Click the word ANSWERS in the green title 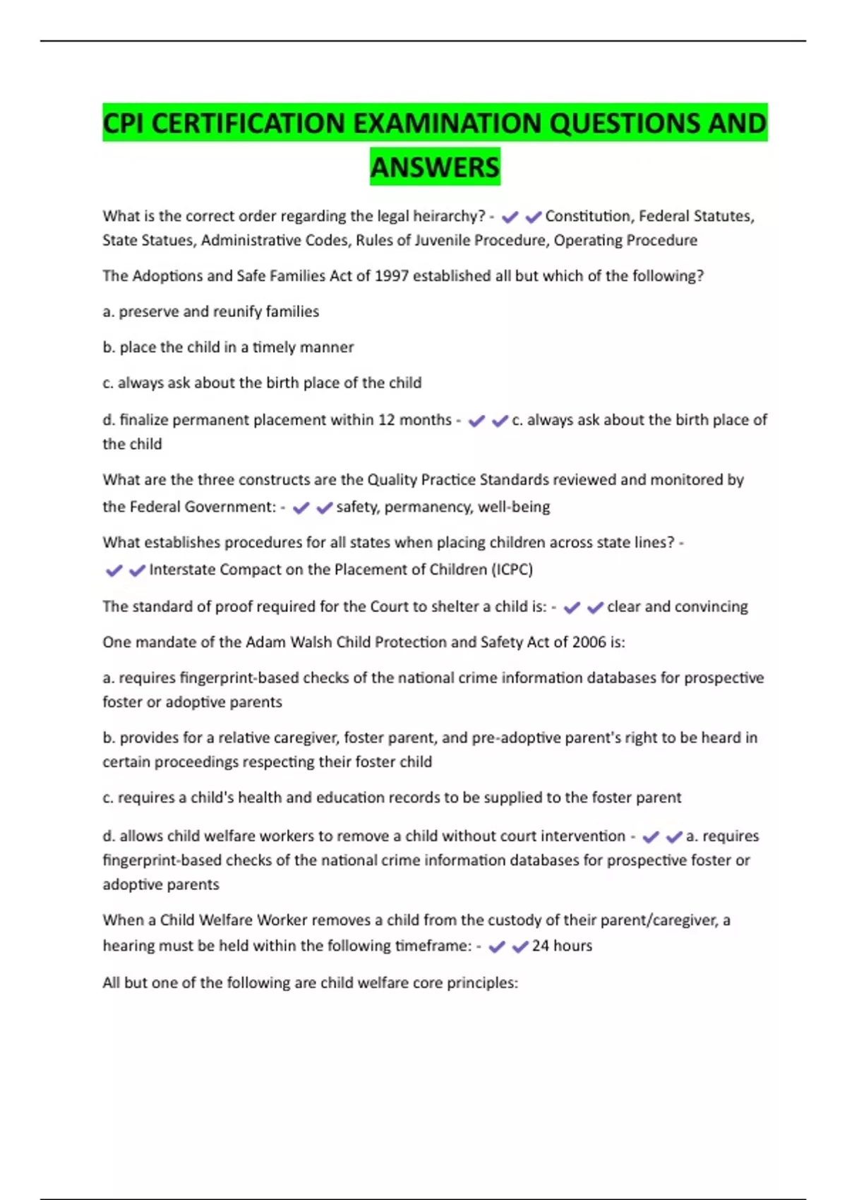[x=435, y=167]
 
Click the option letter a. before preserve [x=109, y=312]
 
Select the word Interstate [x=182, y=570]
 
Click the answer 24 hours [x=562, y=946]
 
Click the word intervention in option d [x=582, y=836]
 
